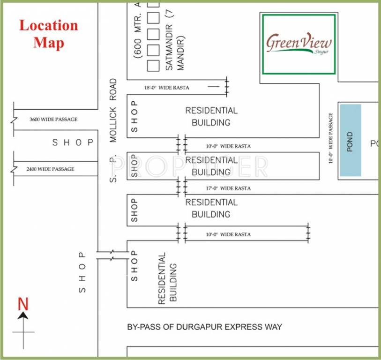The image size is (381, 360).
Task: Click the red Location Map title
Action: point(48,34)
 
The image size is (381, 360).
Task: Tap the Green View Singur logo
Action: point(299,44)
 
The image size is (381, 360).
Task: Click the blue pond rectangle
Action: point(351,140)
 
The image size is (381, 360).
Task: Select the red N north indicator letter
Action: point(23,305)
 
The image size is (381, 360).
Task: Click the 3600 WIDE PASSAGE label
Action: point(53,120)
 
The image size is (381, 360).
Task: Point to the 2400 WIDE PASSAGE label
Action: point(50,169)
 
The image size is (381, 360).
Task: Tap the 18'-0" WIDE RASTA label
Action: point(167,88)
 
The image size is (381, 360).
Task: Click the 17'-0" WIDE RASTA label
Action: point(228,188)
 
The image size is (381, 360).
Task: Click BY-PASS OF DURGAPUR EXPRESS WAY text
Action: point(205,327)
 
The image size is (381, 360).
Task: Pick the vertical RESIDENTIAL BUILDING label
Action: point(167,278)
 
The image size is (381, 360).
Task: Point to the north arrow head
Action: point(23,316)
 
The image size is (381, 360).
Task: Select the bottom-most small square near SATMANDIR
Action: point(153,65)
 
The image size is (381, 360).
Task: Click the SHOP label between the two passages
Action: point(73,142)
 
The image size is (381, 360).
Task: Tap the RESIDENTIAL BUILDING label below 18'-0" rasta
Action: point(211,117)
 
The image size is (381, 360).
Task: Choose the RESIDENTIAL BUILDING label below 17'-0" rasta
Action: point(211,208)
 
